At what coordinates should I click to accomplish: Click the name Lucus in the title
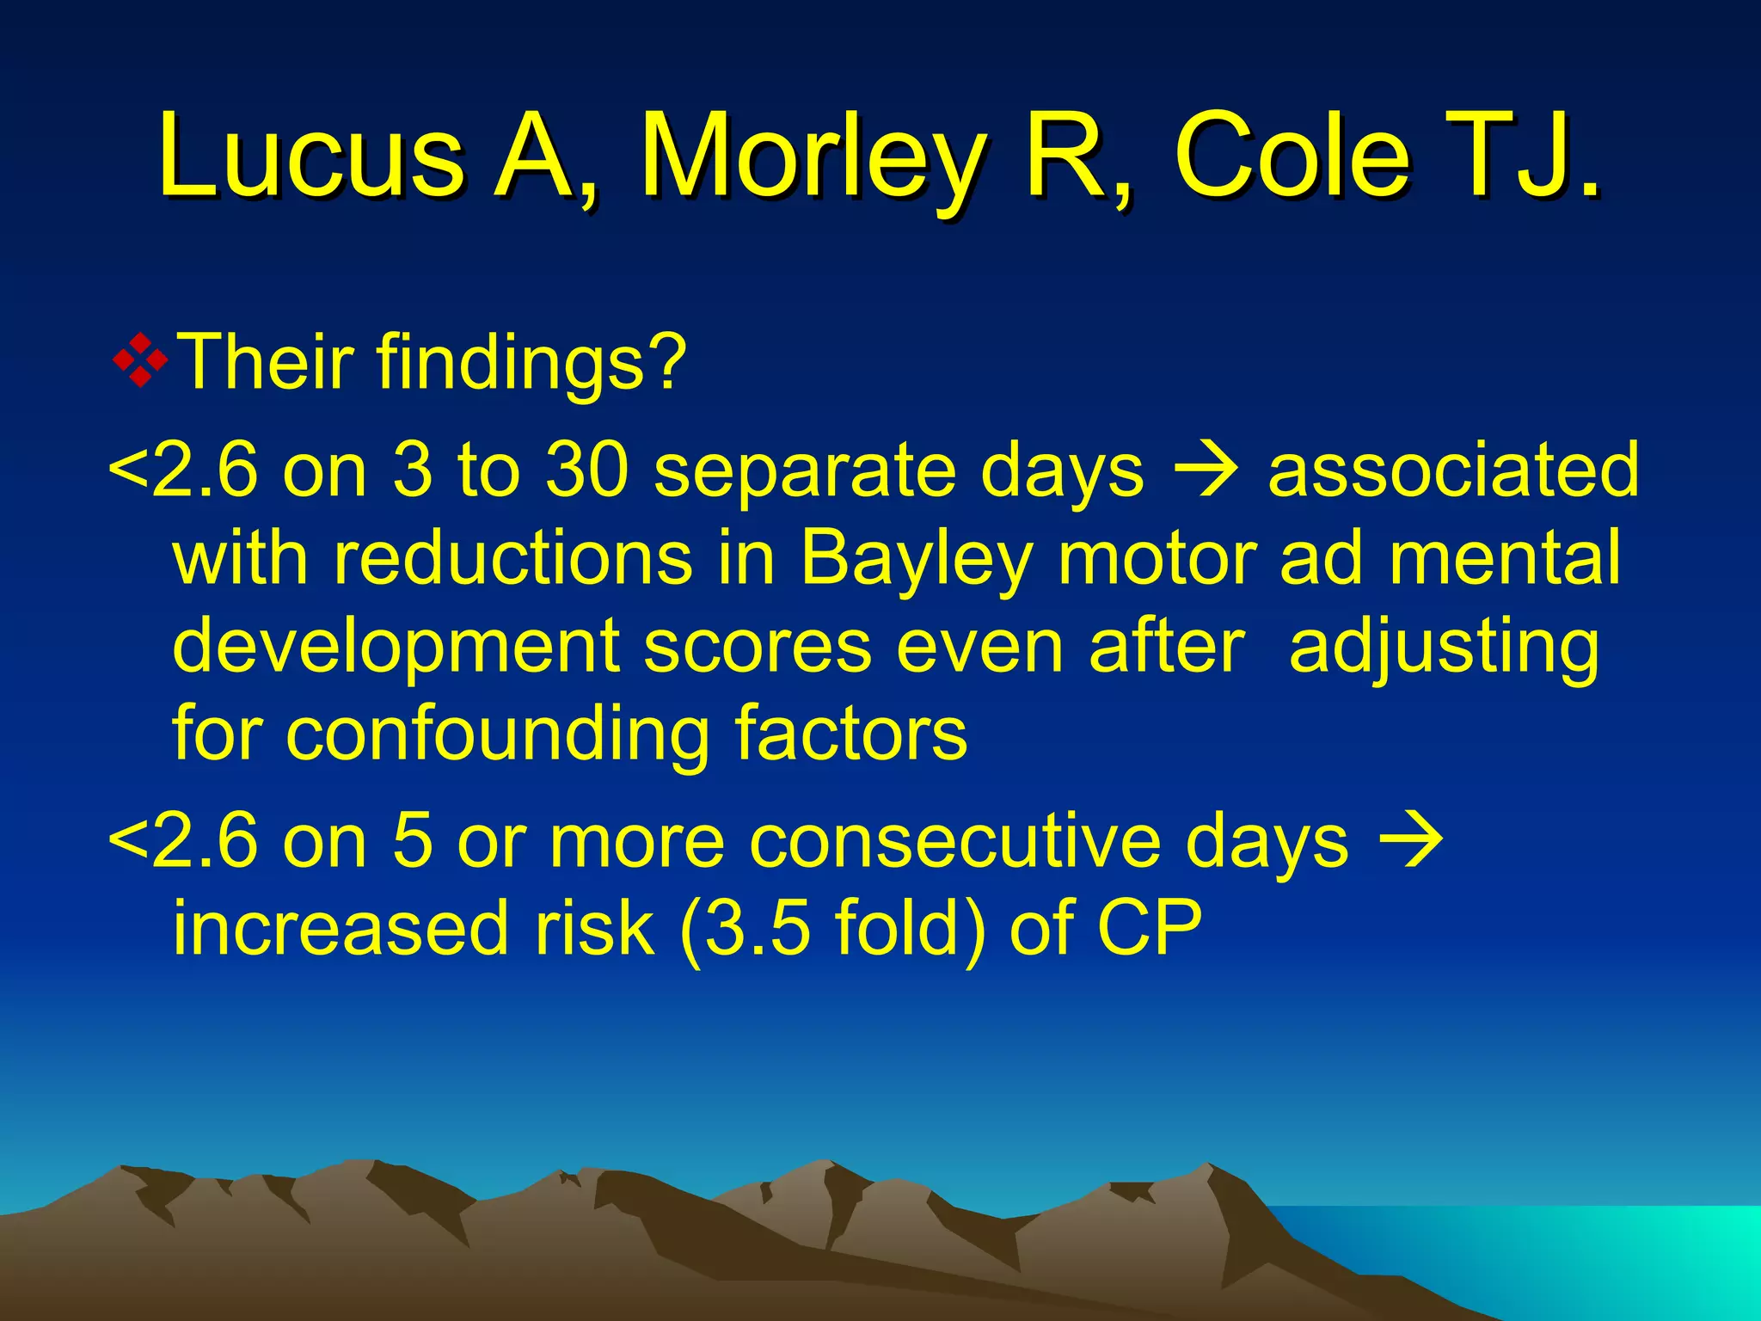coord(310,157)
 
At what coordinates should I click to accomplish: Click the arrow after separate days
coord(1206,472)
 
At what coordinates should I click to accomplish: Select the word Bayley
coord(917,559)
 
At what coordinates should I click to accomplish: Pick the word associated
coord(1453,470)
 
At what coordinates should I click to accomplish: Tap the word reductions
coord(512,559)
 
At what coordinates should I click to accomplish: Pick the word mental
coord(1505,559)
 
